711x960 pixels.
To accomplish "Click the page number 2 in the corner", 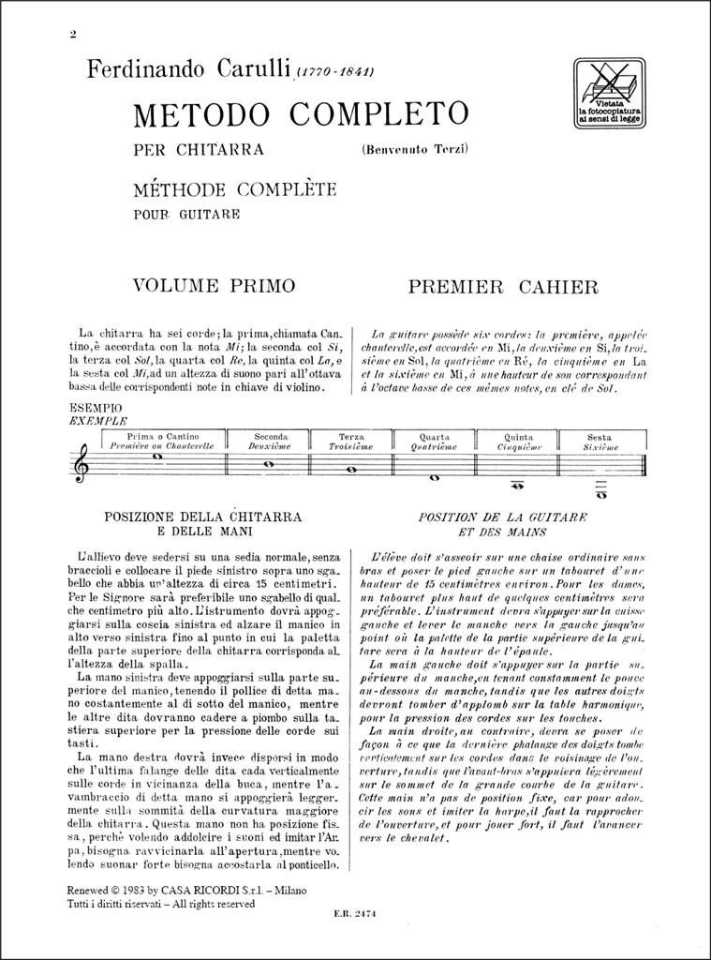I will pyautogui.click(x=72, y=37).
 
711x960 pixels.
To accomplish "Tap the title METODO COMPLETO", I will pyautogui.click(x=301, y=114).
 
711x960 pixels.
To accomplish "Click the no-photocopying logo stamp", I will pyautogui.click(x=608, y=93).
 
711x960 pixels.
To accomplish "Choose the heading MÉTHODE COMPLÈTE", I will pyautogui.click(x=234, y=189).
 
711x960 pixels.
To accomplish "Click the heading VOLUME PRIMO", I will pyautogui.click(x=214, y=285).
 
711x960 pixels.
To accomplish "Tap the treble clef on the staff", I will pyautogui.click(x=82, y=463).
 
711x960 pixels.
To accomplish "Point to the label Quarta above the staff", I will pyautogui.click(x=434, y=437).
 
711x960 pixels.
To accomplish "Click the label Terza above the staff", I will pyautogui.click(x=350, y=437).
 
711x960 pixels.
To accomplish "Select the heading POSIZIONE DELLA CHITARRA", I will pyautogui.click(x=202, y=517).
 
